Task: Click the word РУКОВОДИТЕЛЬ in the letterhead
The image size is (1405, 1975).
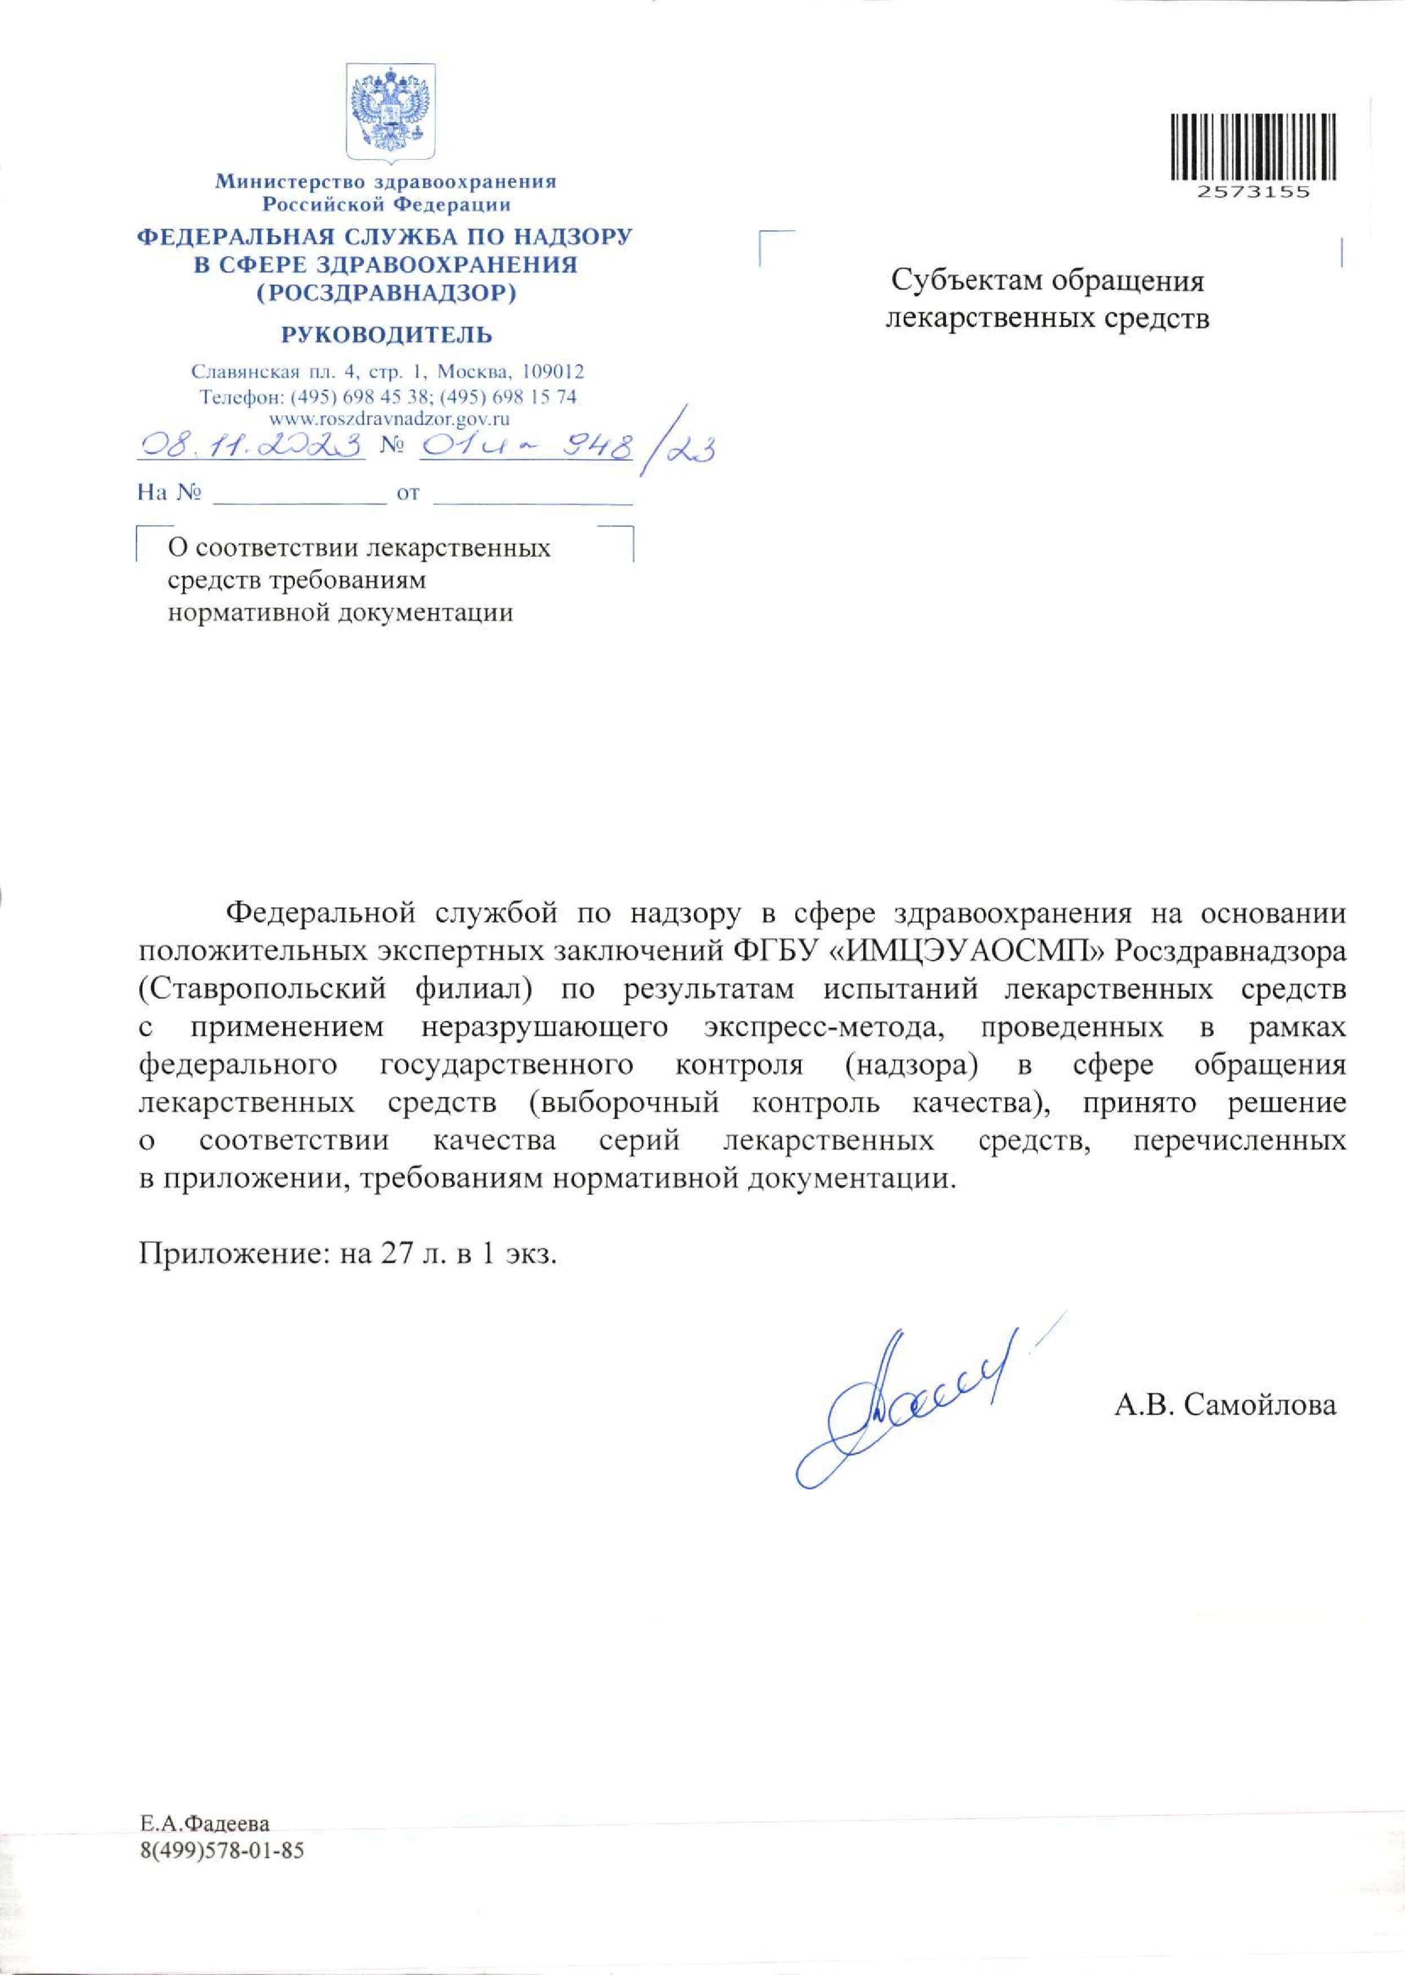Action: (386, 335)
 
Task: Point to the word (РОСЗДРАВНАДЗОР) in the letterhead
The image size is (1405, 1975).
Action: (386, 293)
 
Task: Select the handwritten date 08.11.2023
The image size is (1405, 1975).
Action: (252, 446)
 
